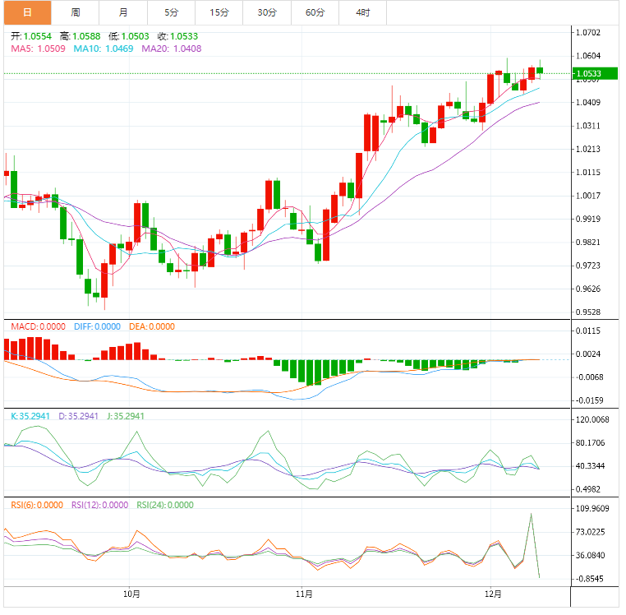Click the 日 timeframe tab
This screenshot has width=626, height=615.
27,12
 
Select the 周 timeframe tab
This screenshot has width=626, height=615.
76,12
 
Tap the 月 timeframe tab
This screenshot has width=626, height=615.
123,12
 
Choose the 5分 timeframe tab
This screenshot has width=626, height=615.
171,12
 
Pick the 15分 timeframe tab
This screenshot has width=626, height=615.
219,12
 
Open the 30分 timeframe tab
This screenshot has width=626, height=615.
267,12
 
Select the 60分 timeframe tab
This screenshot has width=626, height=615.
315,12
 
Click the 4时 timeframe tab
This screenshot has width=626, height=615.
362,12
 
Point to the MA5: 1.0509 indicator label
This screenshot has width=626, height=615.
39,49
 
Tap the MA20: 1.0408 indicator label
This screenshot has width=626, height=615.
171,49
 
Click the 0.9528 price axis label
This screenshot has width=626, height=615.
589,312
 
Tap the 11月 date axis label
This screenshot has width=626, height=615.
304,593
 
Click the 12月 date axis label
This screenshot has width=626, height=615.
493,593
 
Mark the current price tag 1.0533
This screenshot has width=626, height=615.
589,74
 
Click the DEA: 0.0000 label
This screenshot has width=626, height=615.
152,326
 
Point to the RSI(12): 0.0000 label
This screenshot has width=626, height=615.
99,505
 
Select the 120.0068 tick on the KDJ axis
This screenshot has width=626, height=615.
592,419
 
